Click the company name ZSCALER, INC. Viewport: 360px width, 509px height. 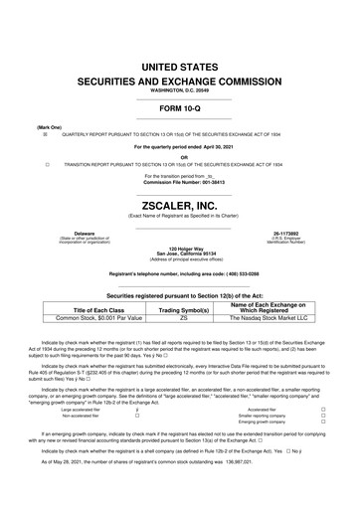(180, 197)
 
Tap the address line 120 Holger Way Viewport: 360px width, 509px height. (180, 247)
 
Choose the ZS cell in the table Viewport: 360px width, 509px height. (183, 320)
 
